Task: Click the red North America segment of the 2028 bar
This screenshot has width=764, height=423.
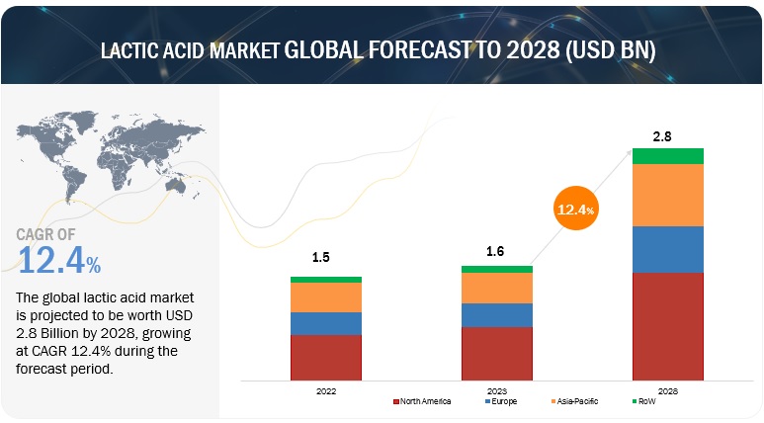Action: [667, 326]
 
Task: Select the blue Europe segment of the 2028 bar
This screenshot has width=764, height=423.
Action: [667, 249]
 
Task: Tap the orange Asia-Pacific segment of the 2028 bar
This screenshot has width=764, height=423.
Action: [667, 195]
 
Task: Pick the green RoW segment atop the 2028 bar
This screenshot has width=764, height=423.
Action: [667, 156]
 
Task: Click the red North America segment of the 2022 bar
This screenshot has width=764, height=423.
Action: [325, 357]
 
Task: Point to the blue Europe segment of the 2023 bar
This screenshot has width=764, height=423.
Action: [497, 314]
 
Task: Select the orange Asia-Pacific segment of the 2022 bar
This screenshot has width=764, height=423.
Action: [325, 297]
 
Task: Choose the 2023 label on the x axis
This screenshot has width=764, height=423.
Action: [497, 391]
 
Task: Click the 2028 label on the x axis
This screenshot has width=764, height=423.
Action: [667, 391]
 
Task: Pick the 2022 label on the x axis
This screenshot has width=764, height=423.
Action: [325, 391]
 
